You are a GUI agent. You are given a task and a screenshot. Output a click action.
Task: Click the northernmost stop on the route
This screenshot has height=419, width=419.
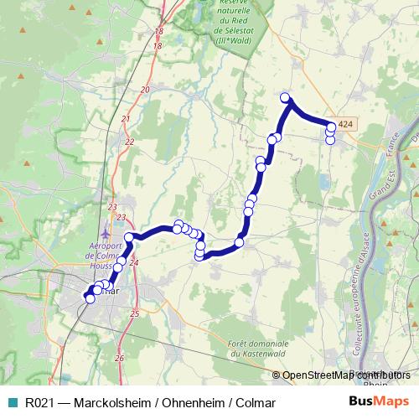click(x=285, y=97)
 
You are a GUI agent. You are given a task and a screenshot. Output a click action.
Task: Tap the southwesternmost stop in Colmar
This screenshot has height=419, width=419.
click(x=91, y=297)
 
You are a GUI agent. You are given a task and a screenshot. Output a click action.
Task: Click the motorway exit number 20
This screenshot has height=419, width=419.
click(x=145, y=89)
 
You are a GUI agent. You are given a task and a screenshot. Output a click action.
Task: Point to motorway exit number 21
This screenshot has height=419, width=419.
click(x=126, y=119)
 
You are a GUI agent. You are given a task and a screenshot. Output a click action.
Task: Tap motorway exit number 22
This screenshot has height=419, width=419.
click(x=129, y=142)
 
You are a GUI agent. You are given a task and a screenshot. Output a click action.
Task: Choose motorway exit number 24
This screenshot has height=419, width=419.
click(x=134, y=262)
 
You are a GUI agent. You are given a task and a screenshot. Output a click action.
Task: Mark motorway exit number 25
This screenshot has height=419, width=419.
click(x=134, y=313)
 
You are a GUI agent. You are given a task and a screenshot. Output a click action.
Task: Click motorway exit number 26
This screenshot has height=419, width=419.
click(x=119, y=358)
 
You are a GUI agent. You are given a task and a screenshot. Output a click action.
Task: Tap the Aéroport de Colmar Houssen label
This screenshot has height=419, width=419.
click(x=106, y=252)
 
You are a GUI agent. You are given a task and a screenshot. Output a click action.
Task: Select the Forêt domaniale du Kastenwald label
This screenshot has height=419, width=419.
click(x=258, y=349)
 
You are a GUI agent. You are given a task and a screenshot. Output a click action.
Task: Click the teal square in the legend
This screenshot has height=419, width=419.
click(x=13, y=402)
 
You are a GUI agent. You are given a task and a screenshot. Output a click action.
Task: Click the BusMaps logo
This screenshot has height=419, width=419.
click(x=379, y=401)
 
